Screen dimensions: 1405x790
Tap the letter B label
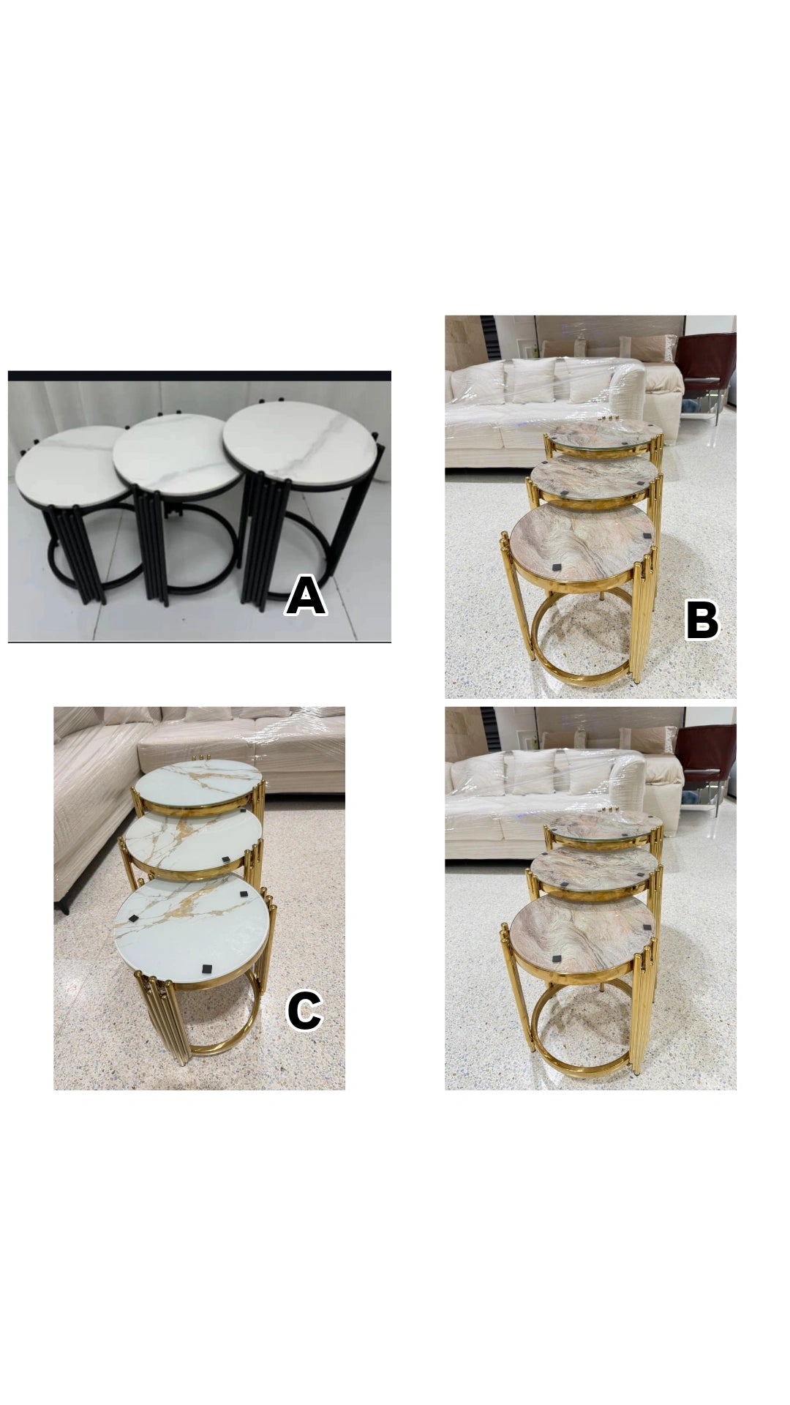[702, 622]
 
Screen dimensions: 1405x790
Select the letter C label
[304, 1011]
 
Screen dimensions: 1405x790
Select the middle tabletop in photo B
[591, 476]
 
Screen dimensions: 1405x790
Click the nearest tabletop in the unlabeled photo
[582, 934]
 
